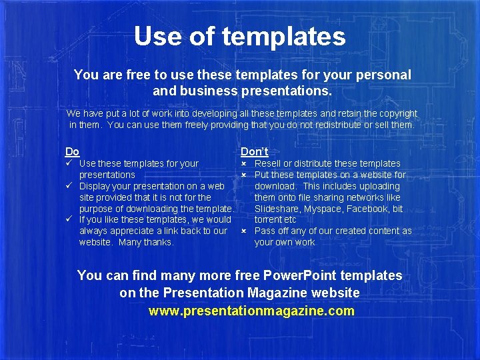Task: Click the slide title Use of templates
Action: (x=239, y=36)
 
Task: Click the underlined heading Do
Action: (x=72, y=151)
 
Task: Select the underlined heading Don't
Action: (x=254, y=151)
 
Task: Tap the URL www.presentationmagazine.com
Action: (x=251, y=311)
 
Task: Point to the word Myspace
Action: (x=324, y=209)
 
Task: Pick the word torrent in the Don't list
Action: (x=269, y=219)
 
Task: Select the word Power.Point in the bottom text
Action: (x=301, y=275)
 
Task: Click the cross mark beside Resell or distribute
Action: (x=244, y=163)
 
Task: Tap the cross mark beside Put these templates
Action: (x=244, y=175)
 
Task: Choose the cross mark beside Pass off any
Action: (x=244, y=231)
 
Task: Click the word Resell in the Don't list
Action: (x=268, y=163)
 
